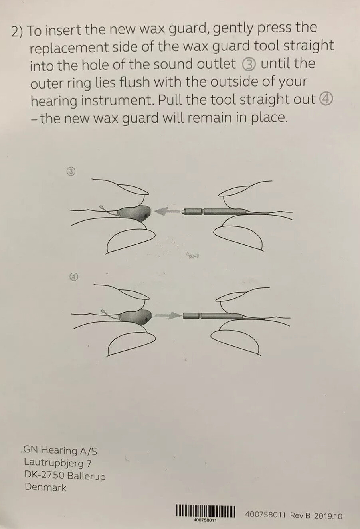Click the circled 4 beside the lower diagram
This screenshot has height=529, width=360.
click(x=74, y=277)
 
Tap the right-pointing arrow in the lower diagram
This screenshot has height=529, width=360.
click(x=168, y=315)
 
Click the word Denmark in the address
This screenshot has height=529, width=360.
click(x=45, y=487)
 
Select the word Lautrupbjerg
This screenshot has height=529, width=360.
click(x=54, y=464)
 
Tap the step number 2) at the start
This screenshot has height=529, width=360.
click(x=17, y=32)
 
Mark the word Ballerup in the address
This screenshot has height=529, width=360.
click(x=86, y=476)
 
